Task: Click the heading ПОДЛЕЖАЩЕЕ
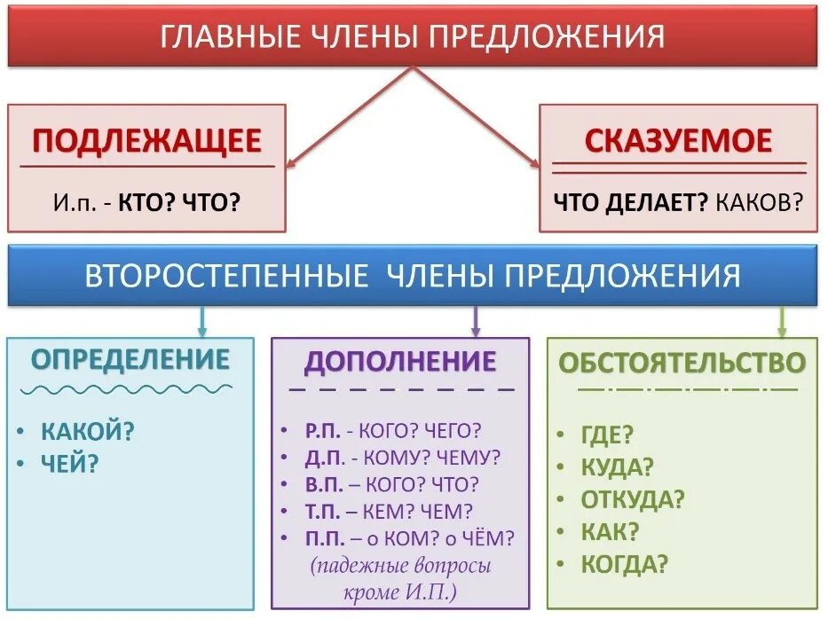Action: click(147, 141)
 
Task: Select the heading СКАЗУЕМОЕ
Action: click(678, 141)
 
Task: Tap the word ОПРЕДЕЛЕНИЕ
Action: click(130, 359)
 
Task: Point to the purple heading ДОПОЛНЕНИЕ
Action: click(400, 361)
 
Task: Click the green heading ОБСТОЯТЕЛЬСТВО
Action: click(682, 361)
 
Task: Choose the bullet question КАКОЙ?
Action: click(88, 432)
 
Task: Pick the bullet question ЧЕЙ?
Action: click(69, 462)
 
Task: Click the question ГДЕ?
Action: click(607, 435)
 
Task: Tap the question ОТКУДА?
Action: click(633, 498)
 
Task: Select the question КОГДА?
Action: click(625, 562)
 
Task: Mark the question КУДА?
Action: click(618, 466)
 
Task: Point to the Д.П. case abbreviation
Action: click(322, 458)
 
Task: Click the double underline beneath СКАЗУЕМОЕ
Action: click(679, 168)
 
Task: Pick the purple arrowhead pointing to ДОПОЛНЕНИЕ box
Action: click(476, 332)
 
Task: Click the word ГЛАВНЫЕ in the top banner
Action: click(218, 36)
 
